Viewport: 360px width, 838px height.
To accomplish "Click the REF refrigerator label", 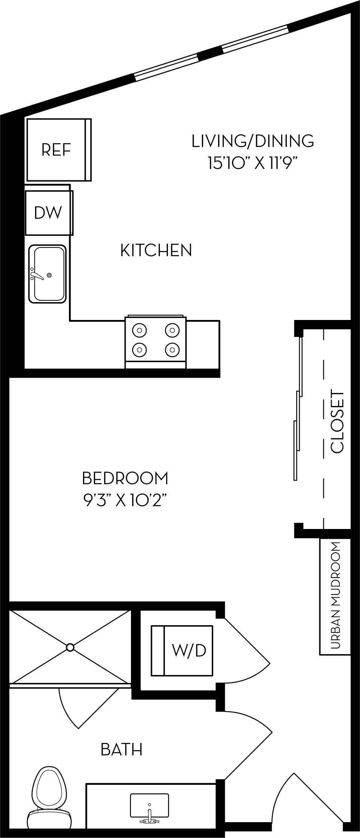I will [x=56, y=150].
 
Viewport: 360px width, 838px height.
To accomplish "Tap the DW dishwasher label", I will [x=48, y=212].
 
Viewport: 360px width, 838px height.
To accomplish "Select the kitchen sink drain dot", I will [x=49, y=275].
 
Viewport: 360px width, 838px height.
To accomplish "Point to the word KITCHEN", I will [x=156, y=251].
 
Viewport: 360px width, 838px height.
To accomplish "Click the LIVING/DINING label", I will [x=252, y=141].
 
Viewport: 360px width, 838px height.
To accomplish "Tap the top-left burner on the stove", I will [x=139, y=330].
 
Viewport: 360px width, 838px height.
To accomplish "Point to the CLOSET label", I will [x=337, y=421].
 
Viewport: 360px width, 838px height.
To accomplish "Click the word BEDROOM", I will [x=125, y=478].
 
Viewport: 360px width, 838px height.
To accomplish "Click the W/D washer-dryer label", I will [x=189, y=650].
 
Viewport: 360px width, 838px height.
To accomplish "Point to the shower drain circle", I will [x=70, y=647].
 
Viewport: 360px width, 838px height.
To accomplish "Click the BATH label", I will [x=122, y=749].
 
